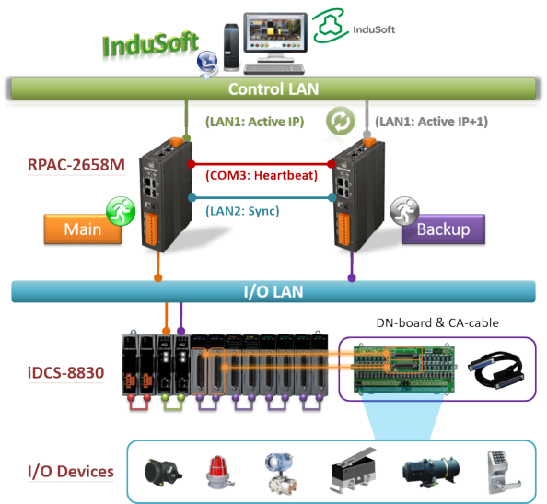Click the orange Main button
(83, 229)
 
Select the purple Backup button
(443, 229)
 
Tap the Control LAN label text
(273, 89)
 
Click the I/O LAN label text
(273, 291)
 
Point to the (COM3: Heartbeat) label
(262, 175)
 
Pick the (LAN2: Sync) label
(242, 211)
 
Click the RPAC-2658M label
(76, 165)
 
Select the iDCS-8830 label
(65, 373)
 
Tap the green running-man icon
(121, 211)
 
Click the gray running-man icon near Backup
(404, 211)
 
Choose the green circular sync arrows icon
(341, 121)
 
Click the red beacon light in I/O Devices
(219, 473)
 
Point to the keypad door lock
(504, 473)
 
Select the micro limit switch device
(353, 471)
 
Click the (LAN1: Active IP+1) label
(432, 122)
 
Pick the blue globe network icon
(207, 62)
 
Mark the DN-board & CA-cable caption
(437, 322)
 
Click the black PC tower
(231, 47)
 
